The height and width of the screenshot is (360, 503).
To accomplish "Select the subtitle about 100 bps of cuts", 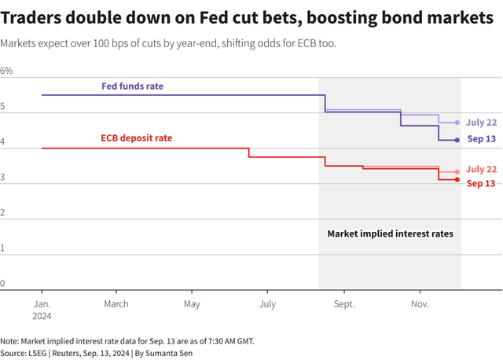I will pyautogui.click(x=169, y=43).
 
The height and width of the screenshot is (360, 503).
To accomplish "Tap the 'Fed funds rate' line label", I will pyautogui.click(x=133, y=86).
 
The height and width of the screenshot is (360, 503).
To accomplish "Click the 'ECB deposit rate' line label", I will pyautogui.click(x=136, y=138).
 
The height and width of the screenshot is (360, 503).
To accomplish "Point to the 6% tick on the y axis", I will pyautogui.click(x=7, y=71).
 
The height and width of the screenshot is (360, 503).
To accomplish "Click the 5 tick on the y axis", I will pyautogui.click(x=3, y=106).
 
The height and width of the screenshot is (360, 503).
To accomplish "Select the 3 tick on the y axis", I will pyautogui.click(x=3, y=178).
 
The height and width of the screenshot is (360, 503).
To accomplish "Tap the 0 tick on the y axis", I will pyautogui.click(x=3, y=284).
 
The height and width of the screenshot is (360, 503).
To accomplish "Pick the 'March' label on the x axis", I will pyautogui.click(x=116, y=303).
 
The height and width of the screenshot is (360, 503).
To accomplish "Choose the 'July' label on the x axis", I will pyautogui.click(x=267, y=303).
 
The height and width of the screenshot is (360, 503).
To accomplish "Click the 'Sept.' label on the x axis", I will pyautogui.click(x=344, y=303).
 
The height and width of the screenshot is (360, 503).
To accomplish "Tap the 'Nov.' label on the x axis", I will pyautogui.click(x=420, y=303).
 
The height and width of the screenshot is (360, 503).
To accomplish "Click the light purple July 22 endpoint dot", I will pyautogui.click(x=457, y=123).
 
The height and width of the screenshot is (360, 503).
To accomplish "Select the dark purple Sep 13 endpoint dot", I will pyautogui.click(x=457, y=140).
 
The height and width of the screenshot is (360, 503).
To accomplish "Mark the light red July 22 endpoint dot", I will pyautogui.click(x=457, y=171).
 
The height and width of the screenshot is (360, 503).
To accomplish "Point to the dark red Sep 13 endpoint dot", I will pyautogui.click(x=457, y=180).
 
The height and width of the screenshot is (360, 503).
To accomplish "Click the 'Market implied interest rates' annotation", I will pyautogui.click(x=390, y=233).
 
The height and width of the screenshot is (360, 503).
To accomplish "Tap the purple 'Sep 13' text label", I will pyautogui.click(x=482, y=139).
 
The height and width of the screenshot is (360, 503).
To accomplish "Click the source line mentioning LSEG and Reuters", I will pyautogui.click(x=107, y=354).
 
